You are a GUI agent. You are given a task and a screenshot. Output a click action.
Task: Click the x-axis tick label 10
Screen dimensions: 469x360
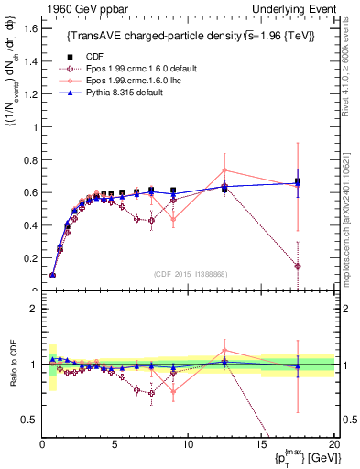click(188, 444)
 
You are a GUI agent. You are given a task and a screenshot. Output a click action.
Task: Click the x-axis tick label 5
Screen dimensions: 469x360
click(115, 444)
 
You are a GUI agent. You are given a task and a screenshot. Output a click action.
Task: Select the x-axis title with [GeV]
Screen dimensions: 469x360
click(303, 458)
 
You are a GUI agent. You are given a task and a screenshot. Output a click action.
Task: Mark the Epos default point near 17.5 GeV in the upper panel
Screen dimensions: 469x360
click(297, 267)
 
